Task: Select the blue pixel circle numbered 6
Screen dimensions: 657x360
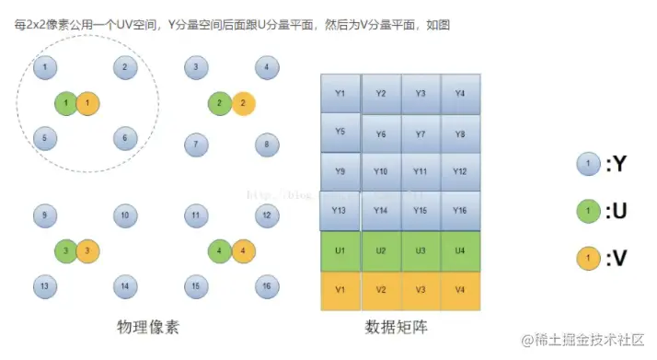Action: coord(125,138)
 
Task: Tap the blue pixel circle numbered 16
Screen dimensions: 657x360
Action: coord(266,286)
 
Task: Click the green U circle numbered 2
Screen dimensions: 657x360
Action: coord(220,103)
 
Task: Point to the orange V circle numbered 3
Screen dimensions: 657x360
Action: coord(86,250)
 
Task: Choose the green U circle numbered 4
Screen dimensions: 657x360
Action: coord(220,250)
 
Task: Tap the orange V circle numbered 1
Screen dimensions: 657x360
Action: coord(86,103)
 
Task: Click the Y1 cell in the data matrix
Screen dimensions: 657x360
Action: coord(340,93)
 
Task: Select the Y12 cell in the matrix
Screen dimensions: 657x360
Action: coord(460,171)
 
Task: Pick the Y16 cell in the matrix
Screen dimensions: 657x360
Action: coord(460,211)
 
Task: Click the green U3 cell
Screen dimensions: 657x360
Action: coord(421,250)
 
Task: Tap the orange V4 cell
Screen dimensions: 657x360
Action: coord(460,290)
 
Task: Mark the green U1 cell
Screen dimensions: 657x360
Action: coord(340,250)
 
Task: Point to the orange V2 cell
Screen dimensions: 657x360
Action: coord(380,290)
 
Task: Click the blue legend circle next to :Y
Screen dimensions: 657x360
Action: coord(587,164)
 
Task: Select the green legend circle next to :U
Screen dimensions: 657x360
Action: coord(587,212)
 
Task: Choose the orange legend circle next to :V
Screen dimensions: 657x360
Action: coord(587,259)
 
